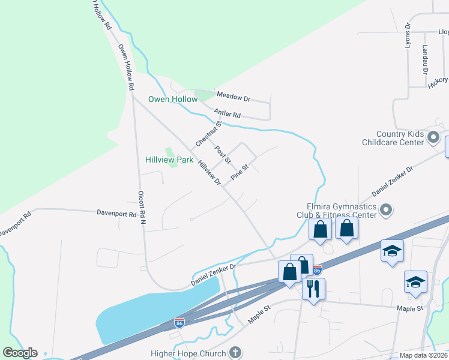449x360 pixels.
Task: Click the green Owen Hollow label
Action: pos(173,99)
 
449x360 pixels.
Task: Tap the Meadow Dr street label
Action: pos(234,97)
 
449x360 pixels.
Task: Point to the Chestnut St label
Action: pos(209,134)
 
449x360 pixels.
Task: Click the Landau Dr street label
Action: pos(424,59)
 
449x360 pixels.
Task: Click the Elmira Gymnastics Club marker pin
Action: pos(386,209)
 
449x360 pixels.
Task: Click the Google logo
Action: pos(20,353)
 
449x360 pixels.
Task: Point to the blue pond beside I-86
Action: pos(150,312)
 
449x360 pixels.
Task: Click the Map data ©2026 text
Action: pos(424,355)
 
